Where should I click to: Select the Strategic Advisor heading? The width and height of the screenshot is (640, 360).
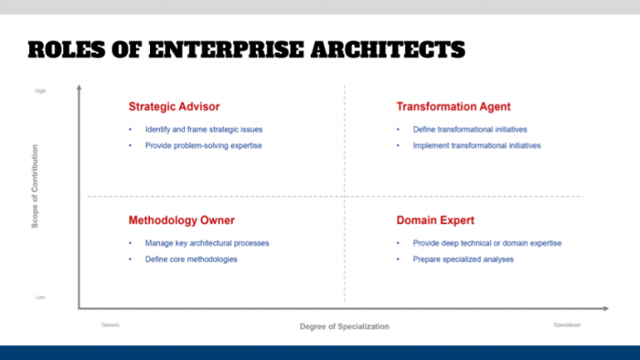coord(174,107)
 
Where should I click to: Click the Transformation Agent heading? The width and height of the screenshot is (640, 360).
coord(453,107)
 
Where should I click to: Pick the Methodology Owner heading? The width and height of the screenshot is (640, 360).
coord(182,221)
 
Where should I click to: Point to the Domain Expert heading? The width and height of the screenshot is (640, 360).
coord(436,221)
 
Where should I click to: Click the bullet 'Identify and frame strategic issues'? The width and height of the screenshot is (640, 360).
coord(204,129)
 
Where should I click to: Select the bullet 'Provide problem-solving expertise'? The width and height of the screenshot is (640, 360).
coord(203,146)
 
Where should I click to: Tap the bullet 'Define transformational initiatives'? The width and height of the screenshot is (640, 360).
coord(470,129)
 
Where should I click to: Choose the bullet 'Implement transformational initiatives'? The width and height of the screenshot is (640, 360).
coord(477,146)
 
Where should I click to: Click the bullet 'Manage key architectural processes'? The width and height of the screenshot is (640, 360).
coord(207,243)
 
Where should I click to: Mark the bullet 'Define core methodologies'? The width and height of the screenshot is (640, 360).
coord(191,259)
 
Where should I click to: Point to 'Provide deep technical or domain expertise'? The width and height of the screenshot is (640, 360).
coord(487,243)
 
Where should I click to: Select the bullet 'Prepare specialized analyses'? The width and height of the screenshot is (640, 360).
coord(463,259)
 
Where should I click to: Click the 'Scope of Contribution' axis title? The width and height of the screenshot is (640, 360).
coord(35,188)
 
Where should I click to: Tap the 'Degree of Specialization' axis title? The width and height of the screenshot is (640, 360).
coord(344,327)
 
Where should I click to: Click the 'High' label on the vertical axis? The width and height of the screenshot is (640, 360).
coord(41,91)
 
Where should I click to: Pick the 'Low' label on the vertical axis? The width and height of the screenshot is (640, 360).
coord(41,297)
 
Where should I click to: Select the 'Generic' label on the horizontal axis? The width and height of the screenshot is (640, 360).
coord(110,325)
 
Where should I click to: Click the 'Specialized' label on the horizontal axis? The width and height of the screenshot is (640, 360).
coord(567,325)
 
